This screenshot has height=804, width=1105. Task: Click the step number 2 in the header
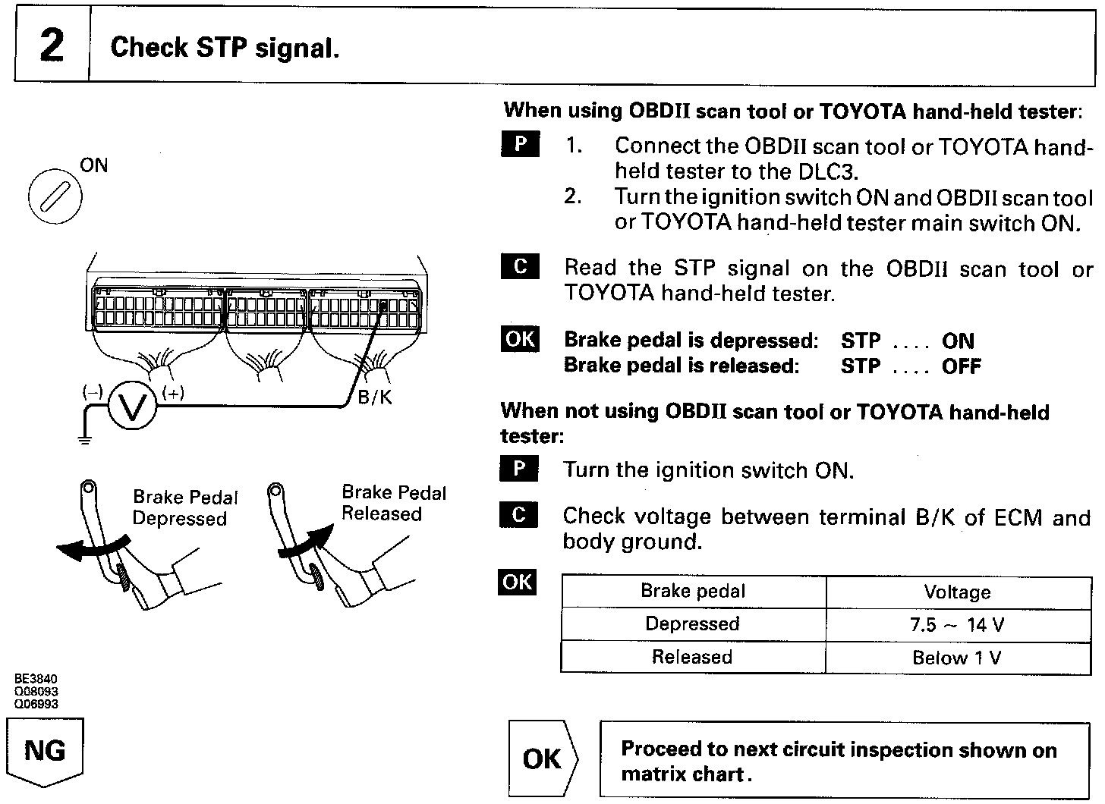click(51, 46)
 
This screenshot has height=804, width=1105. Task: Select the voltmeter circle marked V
click(132, 408)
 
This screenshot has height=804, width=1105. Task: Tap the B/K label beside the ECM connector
click(375, 397)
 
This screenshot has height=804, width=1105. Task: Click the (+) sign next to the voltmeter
click(173, 392)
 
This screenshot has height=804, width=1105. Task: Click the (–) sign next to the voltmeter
click(93, 392)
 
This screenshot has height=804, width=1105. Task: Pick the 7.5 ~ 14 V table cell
click(957, 625)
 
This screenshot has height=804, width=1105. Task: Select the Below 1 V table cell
click(957, 658)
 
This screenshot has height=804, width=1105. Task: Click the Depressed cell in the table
click(692, 624)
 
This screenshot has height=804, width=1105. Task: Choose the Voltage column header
click(957, 592)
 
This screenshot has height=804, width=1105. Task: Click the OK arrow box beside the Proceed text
click(543, 758)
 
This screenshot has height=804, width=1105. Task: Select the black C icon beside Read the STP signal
click(520, 267)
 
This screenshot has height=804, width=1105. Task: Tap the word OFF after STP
click(962, 366)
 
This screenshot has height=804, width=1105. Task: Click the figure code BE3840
click(36, 680)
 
